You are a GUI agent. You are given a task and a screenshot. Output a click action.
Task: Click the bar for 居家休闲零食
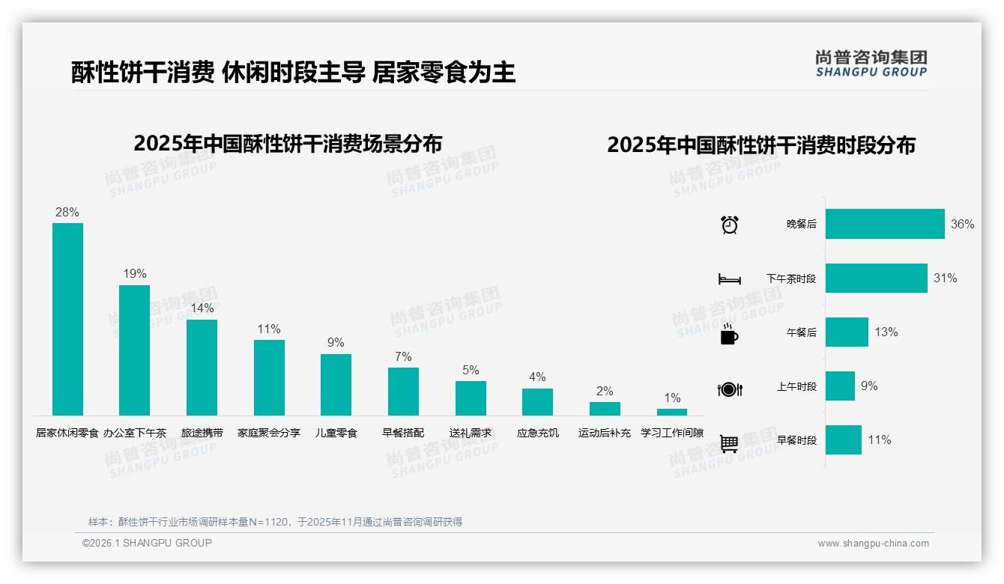(67, 319)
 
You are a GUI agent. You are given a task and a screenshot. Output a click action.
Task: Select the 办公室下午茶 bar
(135, 350)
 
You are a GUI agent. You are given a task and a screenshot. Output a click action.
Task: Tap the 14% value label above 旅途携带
(202, 308)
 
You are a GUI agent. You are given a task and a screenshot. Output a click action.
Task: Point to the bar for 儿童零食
(336, 384)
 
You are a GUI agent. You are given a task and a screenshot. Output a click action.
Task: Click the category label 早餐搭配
(403, 433)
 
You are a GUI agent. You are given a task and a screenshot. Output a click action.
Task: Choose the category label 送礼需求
(471, 433)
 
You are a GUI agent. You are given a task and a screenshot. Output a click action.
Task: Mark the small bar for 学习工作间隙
(672, 412)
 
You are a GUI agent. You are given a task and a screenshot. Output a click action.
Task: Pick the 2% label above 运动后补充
(605, 391)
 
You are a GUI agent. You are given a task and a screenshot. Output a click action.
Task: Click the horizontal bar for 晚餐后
(885, 224)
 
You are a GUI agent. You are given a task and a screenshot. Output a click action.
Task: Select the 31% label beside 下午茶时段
(945, 278)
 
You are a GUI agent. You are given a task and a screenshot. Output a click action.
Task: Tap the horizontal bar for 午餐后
(847, 332)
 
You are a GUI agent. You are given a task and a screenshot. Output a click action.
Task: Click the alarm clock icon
(730, 225)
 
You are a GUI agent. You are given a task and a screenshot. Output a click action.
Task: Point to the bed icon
(730, 279)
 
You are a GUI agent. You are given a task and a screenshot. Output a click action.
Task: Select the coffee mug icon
(729, 334)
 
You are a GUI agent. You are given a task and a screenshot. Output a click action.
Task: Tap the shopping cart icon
(729, 443)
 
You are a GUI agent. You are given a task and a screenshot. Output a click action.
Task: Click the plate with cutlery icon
(730, 389)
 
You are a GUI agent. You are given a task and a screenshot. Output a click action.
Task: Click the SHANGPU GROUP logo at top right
(871, 64)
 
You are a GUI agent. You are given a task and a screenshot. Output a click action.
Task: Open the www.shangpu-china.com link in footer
(873, 544)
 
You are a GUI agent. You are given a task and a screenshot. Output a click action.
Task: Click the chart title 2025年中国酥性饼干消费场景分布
(288, 144)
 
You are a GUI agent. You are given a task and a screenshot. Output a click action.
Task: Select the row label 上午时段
(796, 386)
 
